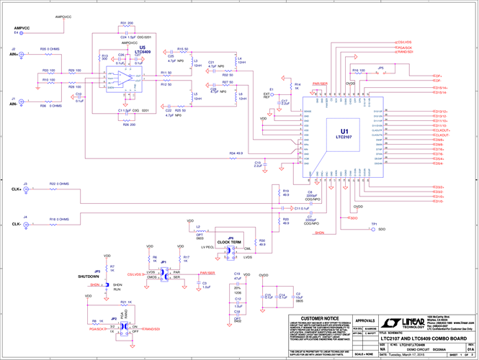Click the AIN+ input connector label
pyautogui.click(x=13, y=54)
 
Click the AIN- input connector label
pyautogui.click(x=13, y=104)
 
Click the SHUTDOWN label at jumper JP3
pyautogui.click(x=88, y=276)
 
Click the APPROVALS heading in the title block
pyautogui.click(x=366, y=320)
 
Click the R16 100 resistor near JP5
pyautogui.click(x=357, y=70)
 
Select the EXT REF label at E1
pyautogui.click(x=267, y=94)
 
